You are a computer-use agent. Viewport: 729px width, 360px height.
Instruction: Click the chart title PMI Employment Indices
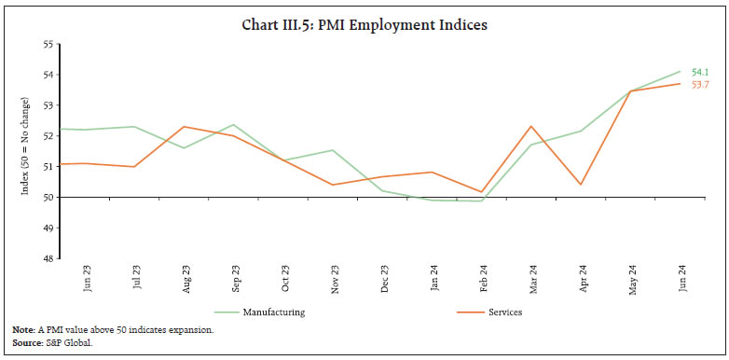(x=364, y=25)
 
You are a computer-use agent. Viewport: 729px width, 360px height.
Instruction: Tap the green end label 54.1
(x=700, y=72)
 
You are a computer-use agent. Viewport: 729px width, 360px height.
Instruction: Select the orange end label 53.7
(x=700, y=85)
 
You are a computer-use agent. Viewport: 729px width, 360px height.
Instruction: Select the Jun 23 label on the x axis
(x=88, y=280)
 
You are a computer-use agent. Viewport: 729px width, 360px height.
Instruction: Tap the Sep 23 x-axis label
(x=235, y=280)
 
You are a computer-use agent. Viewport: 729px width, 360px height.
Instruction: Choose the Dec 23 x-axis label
(x=383, y=280)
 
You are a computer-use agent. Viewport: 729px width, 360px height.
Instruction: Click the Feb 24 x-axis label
(x=482, y=280)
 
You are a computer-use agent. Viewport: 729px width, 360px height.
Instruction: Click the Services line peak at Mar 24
(x=531, y=126)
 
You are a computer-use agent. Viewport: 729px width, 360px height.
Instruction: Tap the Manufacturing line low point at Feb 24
(x=482, y=201)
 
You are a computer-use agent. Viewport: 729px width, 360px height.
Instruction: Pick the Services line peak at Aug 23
(x=186, y=126)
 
